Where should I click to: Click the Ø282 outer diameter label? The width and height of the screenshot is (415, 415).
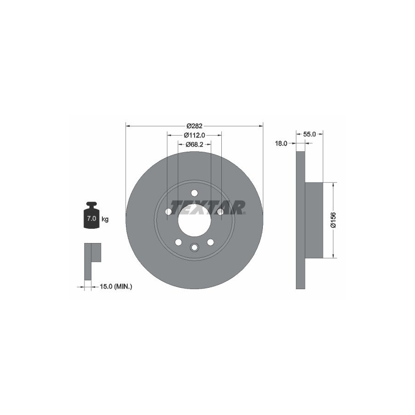[x=194, y=126]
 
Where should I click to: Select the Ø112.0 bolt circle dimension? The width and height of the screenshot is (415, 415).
[x=195, y=135]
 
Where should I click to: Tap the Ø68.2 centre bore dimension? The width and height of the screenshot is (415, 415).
[x=194, y=144]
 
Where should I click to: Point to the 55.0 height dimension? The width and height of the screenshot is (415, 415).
[x=309, y=134]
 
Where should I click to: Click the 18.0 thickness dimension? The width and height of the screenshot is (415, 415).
[x=281, y=143]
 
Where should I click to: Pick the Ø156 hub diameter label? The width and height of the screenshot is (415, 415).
[x=333, y=220]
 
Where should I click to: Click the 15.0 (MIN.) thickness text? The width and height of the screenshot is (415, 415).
[x=116, y=286]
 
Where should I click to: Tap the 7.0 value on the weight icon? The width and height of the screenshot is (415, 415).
[x=92, y=219]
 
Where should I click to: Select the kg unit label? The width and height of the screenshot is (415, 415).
[x=105, y=219]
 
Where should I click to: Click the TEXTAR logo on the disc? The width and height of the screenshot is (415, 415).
[x=208, y=207]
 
